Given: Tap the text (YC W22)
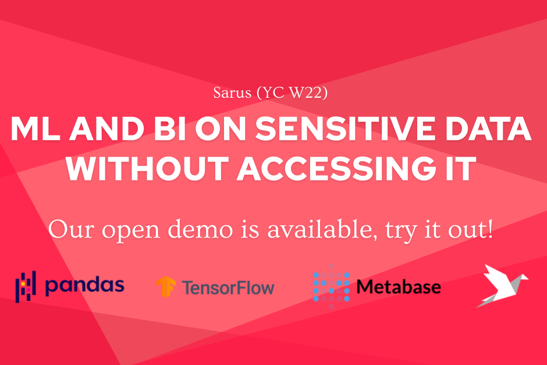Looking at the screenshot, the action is click(x=292, y=93).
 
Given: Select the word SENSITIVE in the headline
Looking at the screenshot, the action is click(x=345, y=129).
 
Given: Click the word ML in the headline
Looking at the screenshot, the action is click(x=34, y=129).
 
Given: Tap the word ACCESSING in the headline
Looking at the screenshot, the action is click(x=337, y=169).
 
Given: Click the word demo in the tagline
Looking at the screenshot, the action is click(x=200, y=229).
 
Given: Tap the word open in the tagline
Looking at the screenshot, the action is click(x=131, y=232).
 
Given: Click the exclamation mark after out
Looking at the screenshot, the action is click(x=491, y=229).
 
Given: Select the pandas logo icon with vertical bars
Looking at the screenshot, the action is click(x=26, y=286).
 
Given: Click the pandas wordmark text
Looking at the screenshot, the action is click(x=85, y=286).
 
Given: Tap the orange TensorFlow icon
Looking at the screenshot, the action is click(x=166, y=286).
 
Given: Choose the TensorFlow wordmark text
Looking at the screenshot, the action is click(x=228, y=288).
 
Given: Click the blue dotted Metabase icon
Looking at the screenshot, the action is click(x=331, y=286).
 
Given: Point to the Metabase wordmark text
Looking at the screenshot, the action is click(x=399, y=287).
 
